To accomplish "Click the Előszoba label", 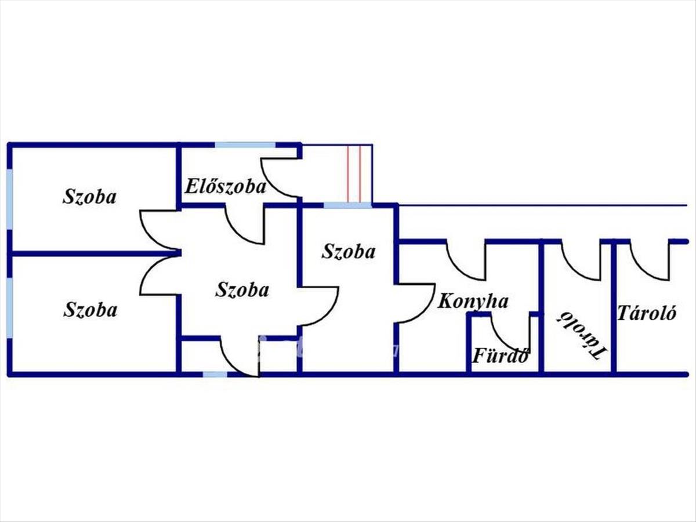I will [226, 187].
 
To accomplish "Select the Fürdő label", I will [499, 355].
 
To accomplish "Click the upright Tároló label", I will [646, 313].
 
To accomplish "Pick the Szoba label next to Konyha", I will [349, 252].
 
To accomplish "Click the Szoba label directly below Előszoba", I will [242, 289].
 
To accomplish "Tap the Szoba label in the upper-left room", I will [89, 196].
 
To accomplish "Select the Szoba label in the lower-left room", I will [89, 309].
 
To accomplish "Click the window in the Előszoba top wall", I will [245, 145].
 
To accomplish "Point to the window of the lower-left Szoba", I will [9, 308].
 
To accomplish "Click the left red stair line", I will [348, 174].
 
